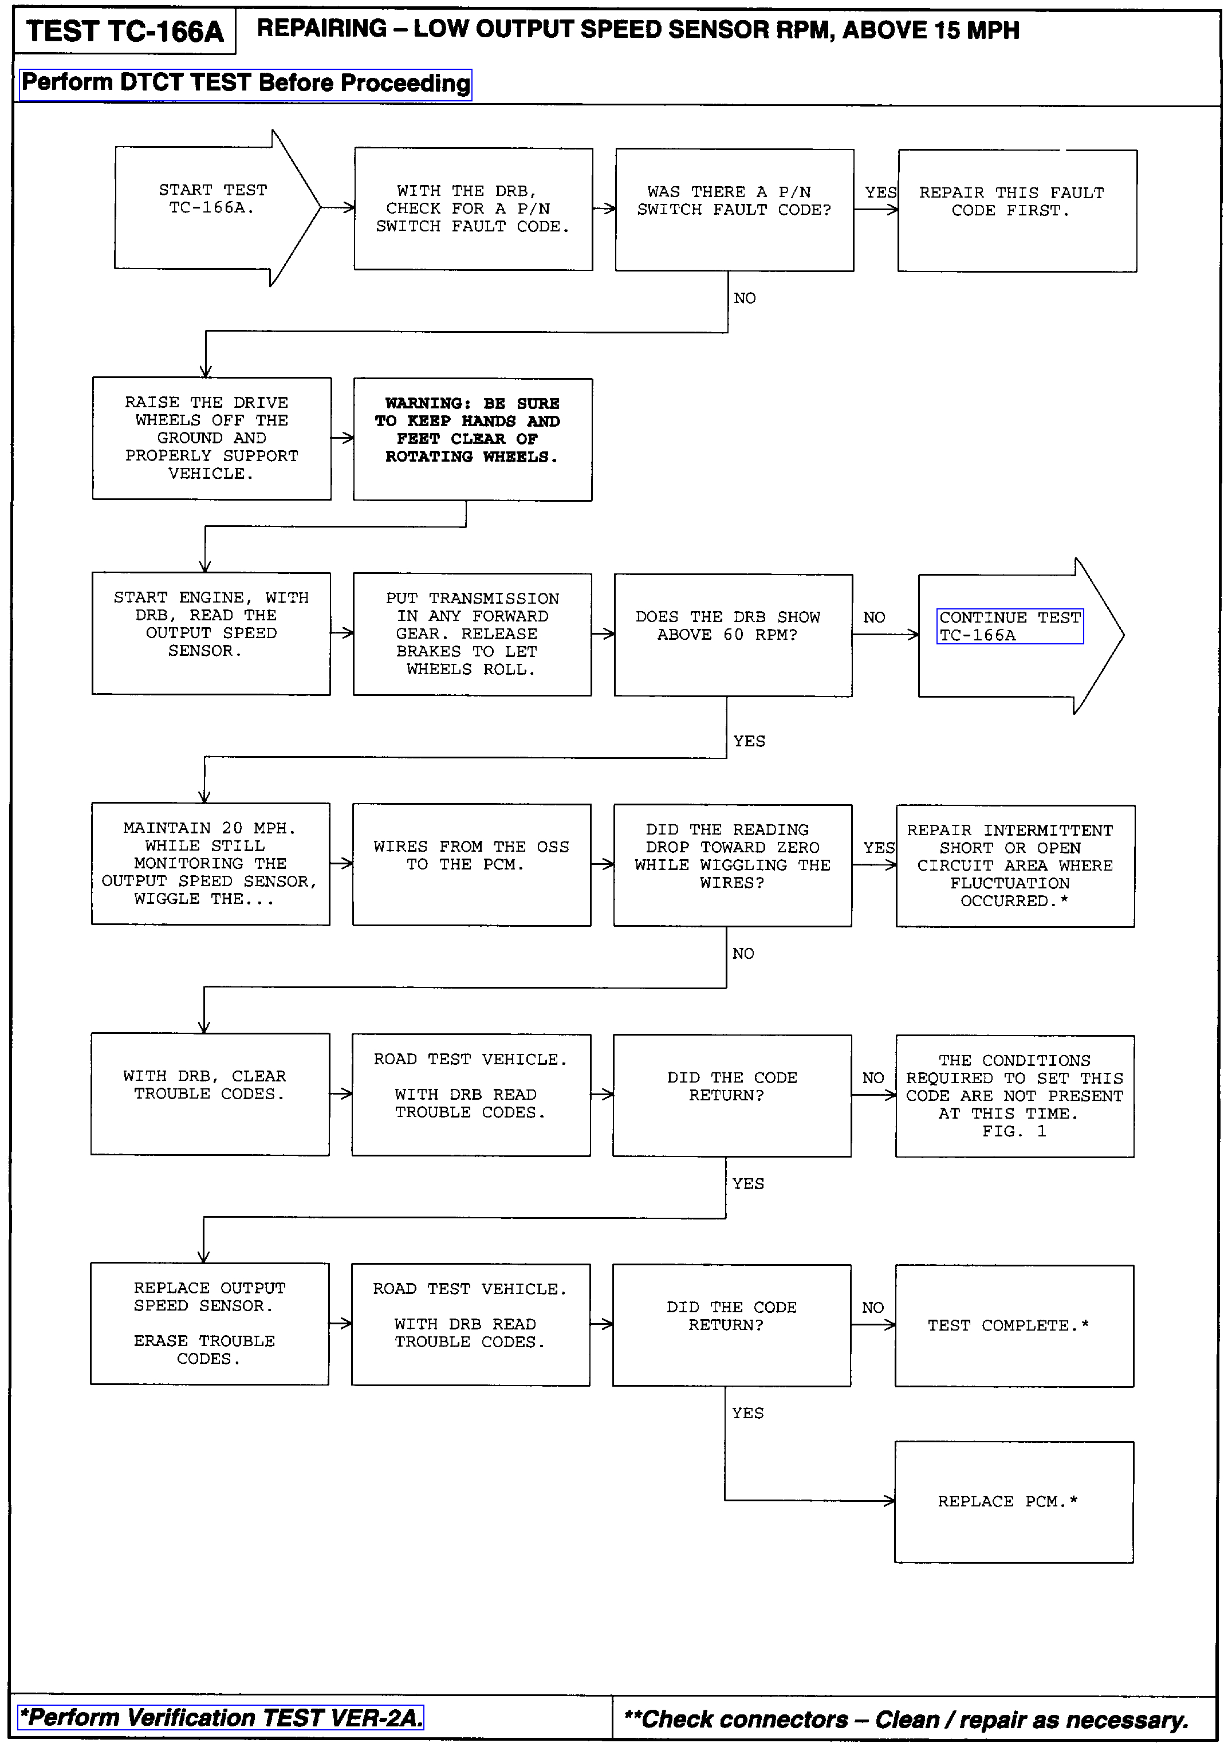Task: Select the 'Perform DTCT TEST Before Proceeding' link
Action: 245,84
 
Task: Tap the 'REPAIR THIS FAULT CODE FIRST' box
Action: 1017,211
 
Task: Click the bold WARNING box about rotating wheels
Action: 473,439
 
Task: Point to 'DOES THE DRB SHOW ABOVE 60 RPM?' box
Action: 733,635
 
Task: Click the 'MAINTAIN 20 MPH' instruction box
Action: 210,864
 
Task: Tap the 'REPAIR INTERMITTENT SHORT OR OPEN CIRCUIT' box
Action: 1015,866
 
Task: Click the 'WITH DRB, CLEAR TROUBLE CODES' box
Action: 210,1094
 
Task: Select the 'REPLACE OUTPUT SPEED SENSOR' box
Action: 209,1324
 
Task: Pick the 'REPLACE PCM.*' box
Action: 1013,1502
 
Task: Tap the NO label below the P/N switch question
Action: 744,298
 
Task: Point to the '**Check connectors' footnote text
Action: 906,1720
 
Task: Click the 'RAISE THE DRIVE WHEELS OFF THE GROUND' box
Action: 211,438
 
